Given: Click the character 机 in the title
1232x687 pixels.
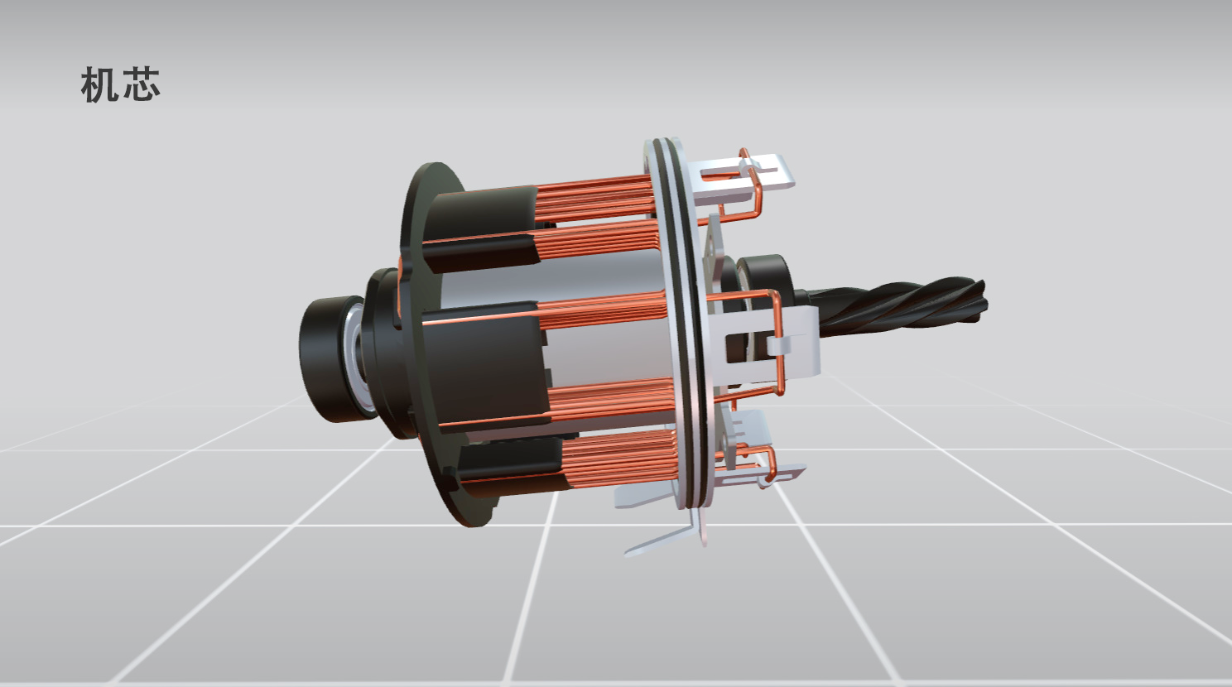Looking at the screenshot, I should pyautogui.click(x=99, y=85).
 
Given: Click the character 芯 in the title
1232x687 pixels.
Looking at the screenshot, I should pyautogui.click(x=142, y=85).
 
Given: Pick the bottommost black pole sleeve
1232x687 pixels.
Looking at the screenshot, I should pyautogui.click(x=509, y=472).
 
